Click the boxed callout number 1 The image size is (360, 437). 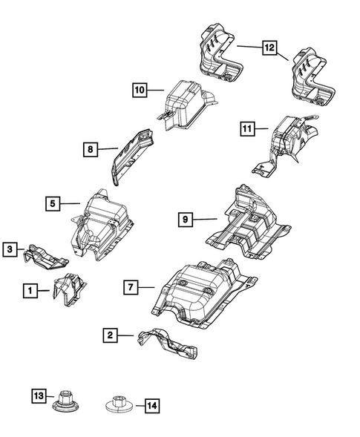(x=30, y=292)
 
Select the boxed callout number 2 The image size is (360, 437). (x=110, y=336)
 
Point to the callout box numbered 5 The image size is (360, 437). (x=52, y=202)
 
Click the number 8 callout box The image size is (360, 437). (x=89, y=150)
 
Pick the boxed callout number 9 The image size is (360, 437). (x=185, y=218)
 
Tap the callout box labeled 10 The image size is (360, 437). (x=139, y=90)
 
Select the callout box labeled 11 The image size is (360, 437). (x=246, y=130)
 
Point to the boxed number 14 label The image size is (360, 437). (x=151, y=406)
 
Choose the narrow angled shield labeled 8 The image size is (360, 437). (x=132, y=154)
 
